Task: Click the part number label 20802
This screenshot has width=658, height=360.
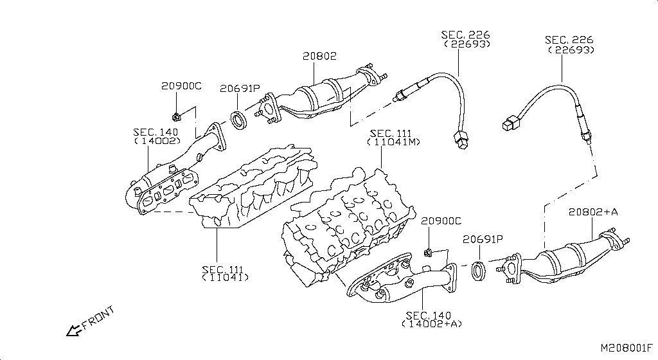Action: (319, 57)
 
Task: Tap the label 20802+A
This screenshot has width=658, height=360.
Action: (592, 212)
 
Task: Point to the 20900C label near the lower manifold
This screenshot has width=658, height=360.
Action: (441, 221)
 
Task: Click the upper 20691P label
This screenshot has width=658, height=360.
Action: (240, 89)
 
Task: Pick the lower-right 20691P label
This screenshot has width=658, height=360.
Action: (483, 240)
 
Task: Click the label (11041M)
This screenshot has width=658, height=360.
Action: (394, 142)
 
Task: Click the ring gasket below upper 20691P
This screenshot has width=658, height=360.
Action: (239, 120)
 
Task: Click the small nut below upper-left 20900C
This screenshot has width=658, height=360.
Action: (175, 117)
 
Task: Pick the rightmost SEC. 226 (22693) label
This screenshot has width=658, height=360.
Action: (569, 45)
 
